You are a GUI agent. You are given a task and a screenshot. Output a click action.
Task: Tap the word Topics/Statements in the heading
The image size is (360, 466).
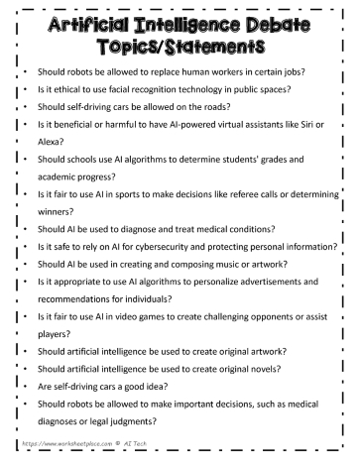[x=180, y=49]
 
